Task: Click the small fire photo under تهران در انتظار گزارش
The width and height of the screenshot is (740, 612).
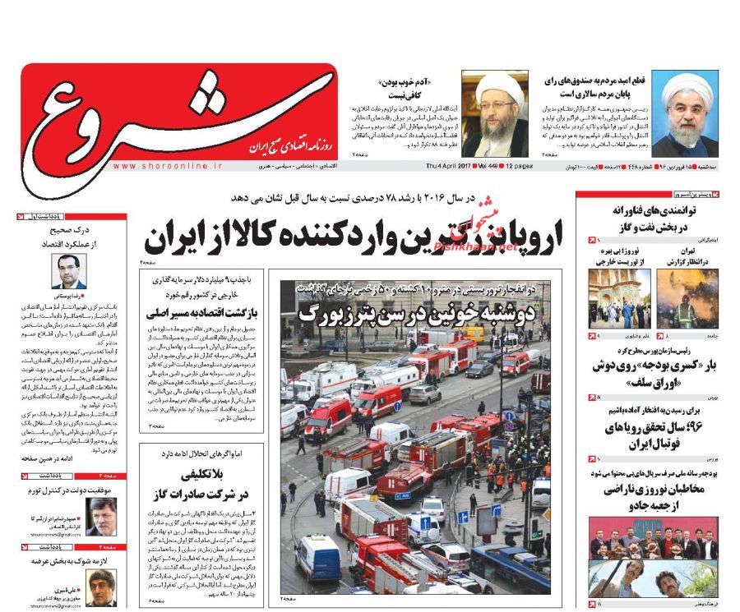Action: [687, 299]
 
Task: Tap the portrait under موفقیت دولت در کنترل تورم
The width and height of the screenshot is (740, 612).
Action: [101, 516]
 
